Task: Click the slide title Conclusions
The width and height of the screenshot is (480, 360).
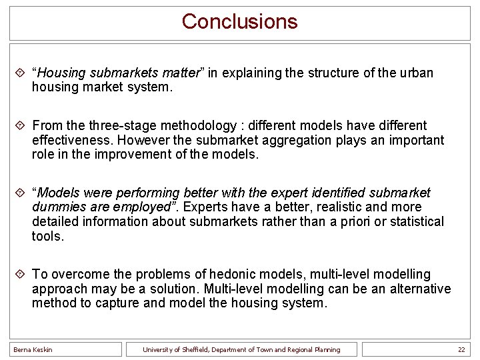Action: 239,21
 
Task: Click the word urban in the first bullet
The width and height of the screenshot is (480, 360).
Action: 417,73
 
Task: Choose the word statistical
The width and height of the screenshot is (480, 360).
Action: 413,221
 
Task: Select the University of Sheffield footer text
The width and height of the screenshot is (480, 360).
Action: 242,349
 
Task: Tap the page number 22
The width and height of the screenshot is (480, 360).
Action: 461,349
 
